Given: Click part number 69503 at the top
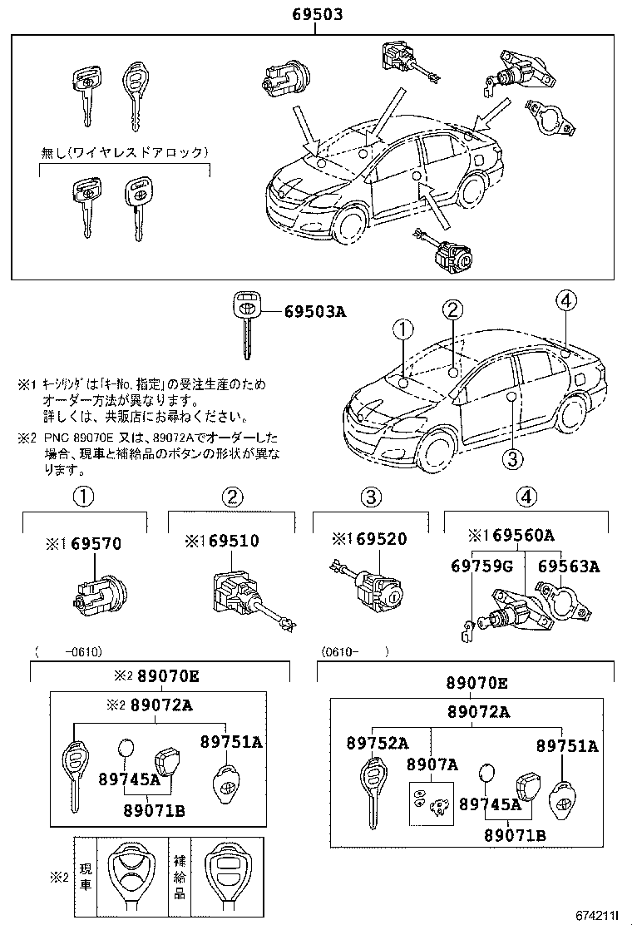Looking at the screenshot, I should [x=317, y=14].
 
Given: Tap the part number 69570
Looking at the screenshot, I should [x=96, y=544].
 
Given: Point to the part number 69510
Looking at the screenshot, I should [x=234, y=541].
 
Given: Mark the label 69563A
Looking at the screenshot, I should [x=569, y=566].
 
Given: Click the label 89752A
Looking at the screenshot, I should [x=378, y=743].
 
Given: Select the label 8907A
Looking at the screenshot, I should [x=432, y=764].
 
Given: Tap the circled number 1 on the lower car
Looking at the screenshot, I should [x=402, y=330].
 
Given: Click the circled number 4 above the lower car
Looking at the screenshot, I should [x=565, y=301].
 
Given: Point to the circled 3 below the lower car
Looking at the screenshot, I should [x=512, y=457].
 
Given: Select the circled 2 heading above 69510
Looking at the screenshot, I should [x=232, y=497].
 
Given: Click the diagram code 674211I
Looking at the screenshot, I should [x=594, y=915].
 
